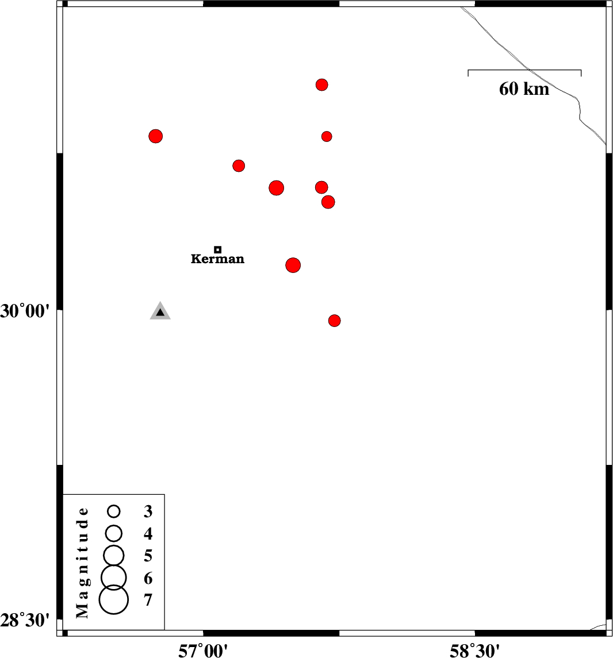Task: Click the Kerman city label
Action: click(x=217, y=259)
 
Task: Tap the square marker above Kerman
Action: click(x=217, y=249)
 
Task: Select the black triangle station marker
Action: click(x=160, y=311)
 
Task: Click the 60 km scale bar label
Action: click(x=524, y=89)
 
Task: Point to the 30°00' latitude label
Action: click(x=25, y=311)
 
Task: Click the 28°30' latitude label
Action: click(x=25, y=620)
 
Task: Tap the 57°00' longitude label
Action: click(x=203, y=651)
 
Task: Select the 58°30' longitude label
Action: click(x=475, y=651)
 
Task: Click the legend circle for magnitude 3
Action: click(x=114, y=511)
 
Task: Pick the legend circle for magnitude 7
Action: click(x=114, y=599)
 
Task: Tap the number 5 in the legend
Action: click(x=148, y=556)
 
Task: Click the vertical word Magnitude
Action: click(x=83, y=563)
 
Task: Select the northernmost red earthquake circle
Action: click(x=321, y=85)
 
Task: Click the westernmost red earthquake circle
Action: click(x=156, y=136)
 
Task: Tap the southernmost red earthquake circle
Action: click(x=334, y=321)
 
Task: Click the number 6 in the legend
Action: click(x=148, y=578)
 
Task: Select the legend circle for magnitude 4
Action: click(x=114, y=533)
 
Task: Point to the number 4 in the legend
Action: click(x=148, y=534)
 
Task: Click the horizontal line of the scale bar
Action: click(x=525, y=70)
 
